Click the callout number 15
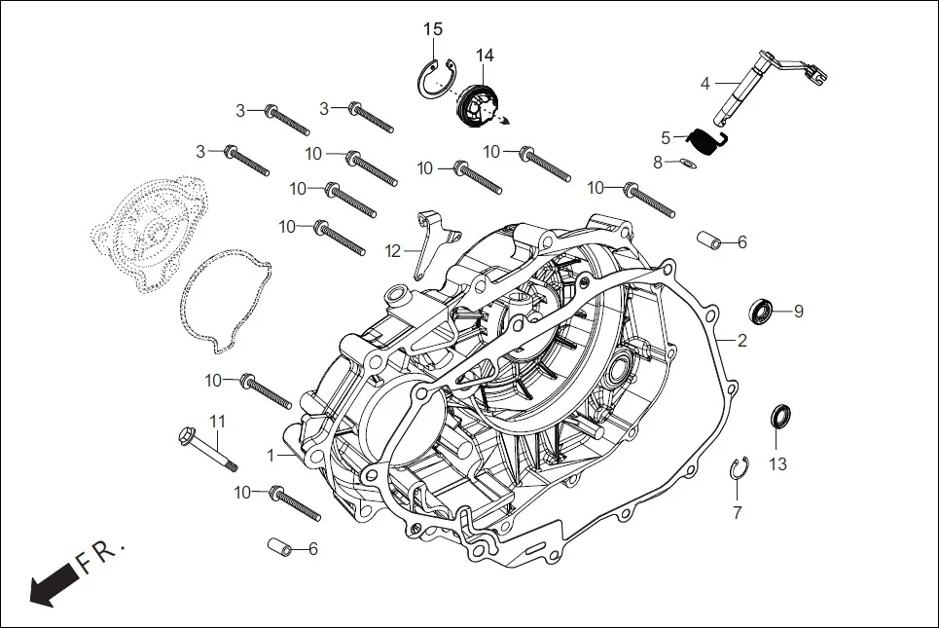point(433,29)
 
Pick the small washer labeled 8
point(687,163)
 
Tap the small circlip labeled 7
point(739,468)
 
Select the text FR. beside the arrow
point(102,556)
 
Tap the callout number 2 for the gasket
point(741,341)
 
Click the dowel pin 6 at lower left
point(279,548)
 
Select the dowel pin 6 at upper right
point(710,240)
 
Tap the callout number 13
point(777,464)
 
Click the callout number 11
point(218,421)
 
